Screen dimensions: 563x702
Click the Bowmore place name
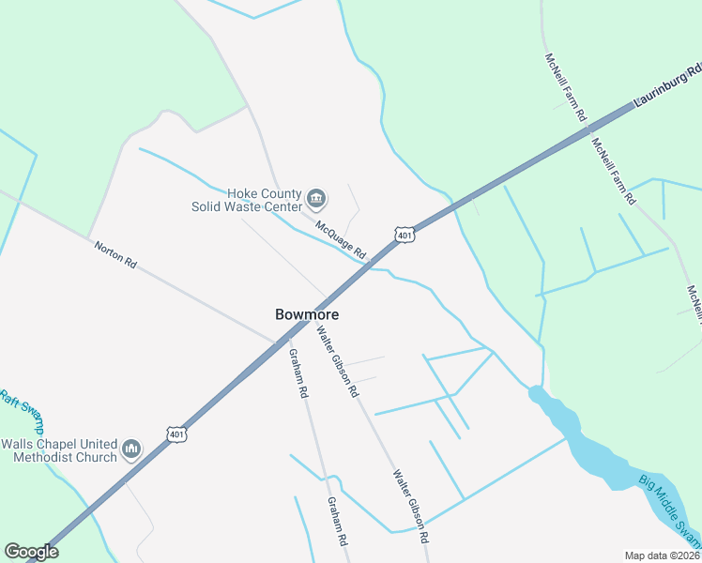(307, 315)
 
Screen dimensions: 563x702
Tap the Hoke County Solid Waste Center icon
(316, 199)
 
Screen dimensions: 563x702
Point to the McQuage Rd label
(341, 239)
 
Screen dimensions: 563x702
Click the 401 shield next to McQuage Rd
(404, 236)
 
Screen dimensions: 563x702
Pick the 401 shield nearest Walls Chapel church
(177, 434)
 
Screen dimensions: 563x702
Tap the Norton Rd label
(115, 254)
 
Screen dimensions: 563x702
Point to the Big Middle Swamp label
(670, 510)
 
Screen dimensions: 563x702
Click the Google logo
(31, 552)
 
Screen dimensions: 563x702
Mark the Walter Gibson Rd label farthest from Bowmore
(412, 507)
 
